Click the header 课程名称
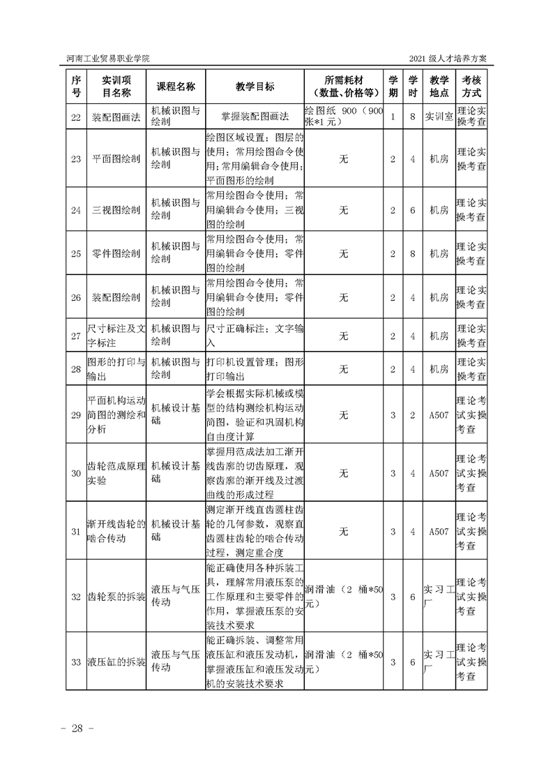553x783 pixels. pos(176,86)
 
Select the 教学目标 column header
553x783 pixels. pos(255,86)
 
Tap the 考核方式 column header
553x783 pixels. pos(471,86)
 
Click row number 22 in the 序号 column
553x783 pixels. pos(76,117)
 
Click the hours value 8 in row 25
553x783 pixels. pos(413,254)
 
